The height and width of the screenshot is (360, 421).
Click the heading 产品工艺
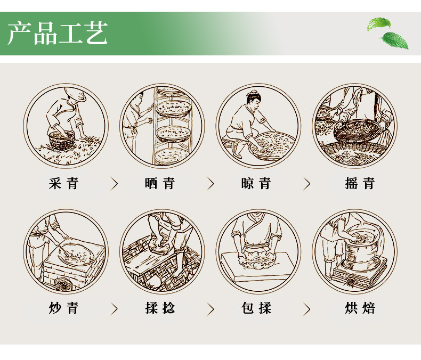coord(58,33)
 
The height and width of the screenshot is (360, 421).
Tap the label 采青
coord(63,184)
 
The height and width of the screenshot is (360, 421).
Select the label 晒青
coord(160,184)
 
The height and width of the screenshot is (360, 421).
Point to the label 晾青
coord(256,184)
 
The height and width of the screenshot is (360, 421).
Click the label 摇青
coord(360,184)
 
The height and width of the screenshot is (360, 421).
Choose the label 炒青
coord(63,308)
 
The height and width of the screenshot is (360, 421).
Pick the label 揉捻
coord(160,308)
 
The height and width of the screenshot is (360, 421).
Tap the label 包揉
coord(256,308)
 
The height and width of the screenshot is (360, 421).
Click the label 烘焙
coord(360,308)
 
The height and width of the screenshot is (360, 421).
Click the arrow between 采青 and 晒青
coord(115,184)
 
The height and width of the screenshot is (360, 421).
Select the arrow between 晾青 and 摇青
coord(306,184)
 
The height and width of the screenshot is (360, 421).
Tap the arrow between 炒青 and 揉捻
coord(115,309)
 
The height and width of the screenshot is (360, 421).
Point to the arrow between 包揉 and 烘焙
coord(306,309)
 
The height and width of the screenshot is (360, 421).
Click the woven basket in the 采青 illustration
coord(62,140)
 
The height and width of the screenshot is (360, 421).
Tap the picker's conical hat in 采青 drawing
coord(76,94)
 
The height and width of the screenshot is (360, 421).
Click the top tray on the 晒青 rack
coord(168,90)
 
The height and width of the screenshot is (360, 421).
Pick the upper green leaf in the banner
coord(379,23)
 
